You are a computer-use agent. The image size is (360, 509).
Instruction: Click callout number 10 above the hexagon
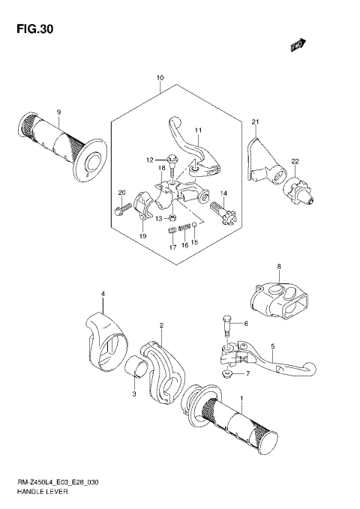[x=160, y=79]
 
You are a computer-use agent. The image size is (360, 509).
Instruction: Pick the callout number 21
[x=255, y=121]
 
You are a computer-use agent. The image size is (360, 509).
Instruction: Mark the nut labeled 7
[x=226, y=373]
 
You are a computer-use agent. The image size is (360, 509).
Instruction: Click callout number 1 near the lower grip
[x=241, y=398]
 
